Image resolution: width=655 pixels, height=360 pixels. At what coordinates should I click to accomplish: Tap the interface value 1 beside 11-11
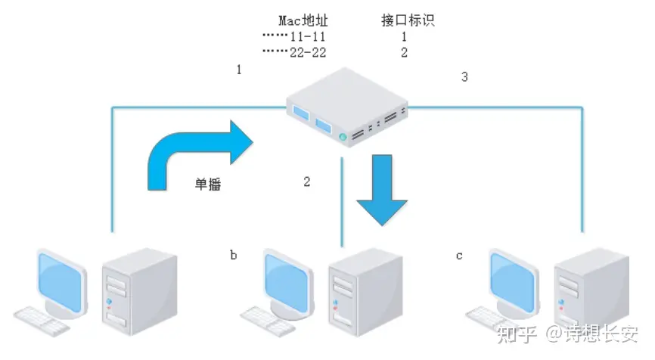coord(404,36)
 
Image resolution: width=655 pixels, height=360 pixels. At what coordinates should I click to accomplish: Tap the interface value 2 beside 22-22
coord(404,51)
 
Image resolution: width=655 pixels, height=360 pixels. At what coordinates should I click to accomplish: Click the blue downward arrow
coord(382,189)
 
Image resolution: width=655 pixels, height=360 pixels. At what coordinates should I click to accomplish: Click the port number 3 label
coord(464,76)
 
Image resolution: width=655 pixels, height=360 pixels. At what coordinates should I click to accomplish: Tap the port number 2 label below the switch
coord(307,182)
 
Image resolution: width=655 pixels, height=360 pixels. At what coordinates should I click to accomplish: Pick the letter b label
coord(233,256)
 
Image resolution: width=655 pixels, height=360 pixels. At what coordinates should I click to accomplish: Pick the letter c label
coord(459,256)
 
